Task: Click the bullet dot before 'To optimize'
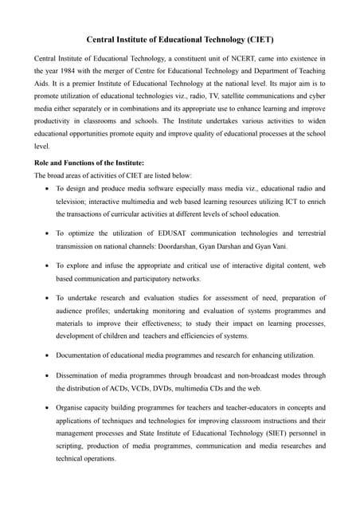point(47,233)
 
